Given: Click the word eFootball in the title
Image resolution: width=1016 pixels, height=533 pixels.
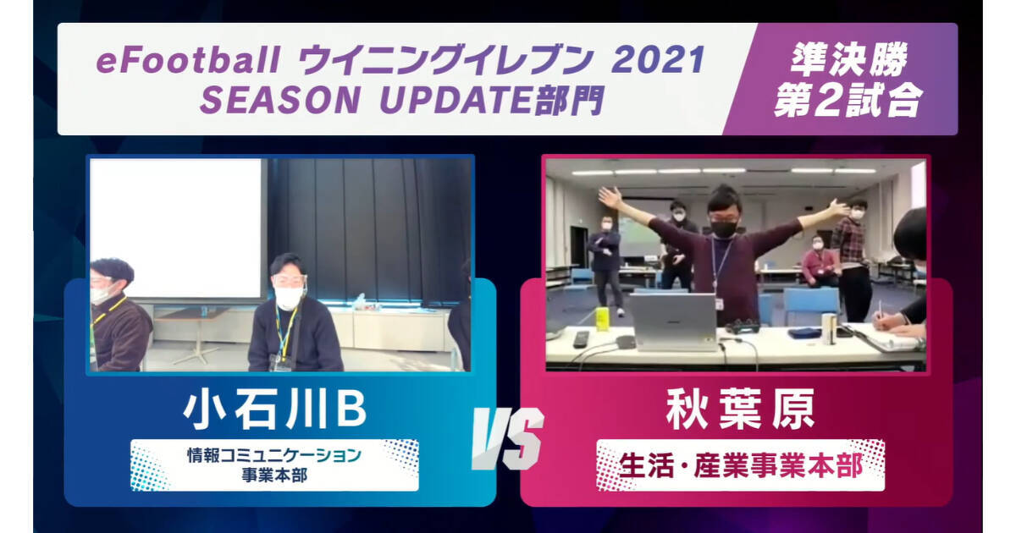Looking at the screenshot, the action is (x=188, y=60).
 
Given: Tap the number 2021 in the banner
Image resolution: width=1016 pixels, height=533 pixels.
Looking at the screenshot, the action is (x=658, y=60).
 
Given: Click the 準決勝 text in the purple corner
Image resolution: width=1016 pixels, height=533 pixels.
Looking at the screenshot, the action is (x=849, y=59).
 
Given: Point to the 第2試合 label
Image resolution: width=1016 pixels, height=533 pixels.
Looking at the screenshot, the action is (x=848, y=100).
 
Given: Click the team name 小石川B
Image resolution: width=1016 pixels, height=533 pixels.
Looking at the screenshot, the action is (x=275, y=409).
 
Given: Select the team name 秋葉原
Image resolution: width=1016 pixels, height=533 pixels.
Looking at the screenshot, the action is (x=740, y=409).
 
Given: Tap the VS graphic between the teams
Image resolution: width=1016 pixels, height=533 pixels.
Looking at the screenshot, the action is (x=508, y=438).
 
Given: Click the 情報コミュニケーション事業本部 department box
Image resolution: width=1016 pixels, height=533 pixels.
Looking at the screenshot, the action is (x=275, y=465).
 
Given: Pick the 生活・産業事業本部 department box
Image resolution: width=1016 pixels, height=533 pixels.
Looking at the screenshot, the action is (x=740, y=465).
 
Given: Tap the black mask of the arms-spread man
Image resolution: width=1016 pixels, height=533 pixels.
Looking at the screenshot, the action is (x=724, y=229).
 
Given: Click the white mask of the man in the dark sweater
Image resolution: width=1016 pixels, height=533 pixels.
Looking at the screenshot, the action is (x=288, y=298).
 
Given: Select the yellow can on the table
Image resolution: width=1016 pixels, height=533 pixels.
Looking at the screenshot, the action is (x=602, y=319).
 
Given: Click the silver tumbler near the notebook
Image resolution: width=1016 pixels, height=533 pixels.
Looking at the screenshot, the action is (x=829, y=327).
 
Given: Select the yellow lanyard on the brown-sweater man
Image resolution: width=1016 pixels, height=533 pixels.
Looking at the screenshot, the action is (x=107, y=312).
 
